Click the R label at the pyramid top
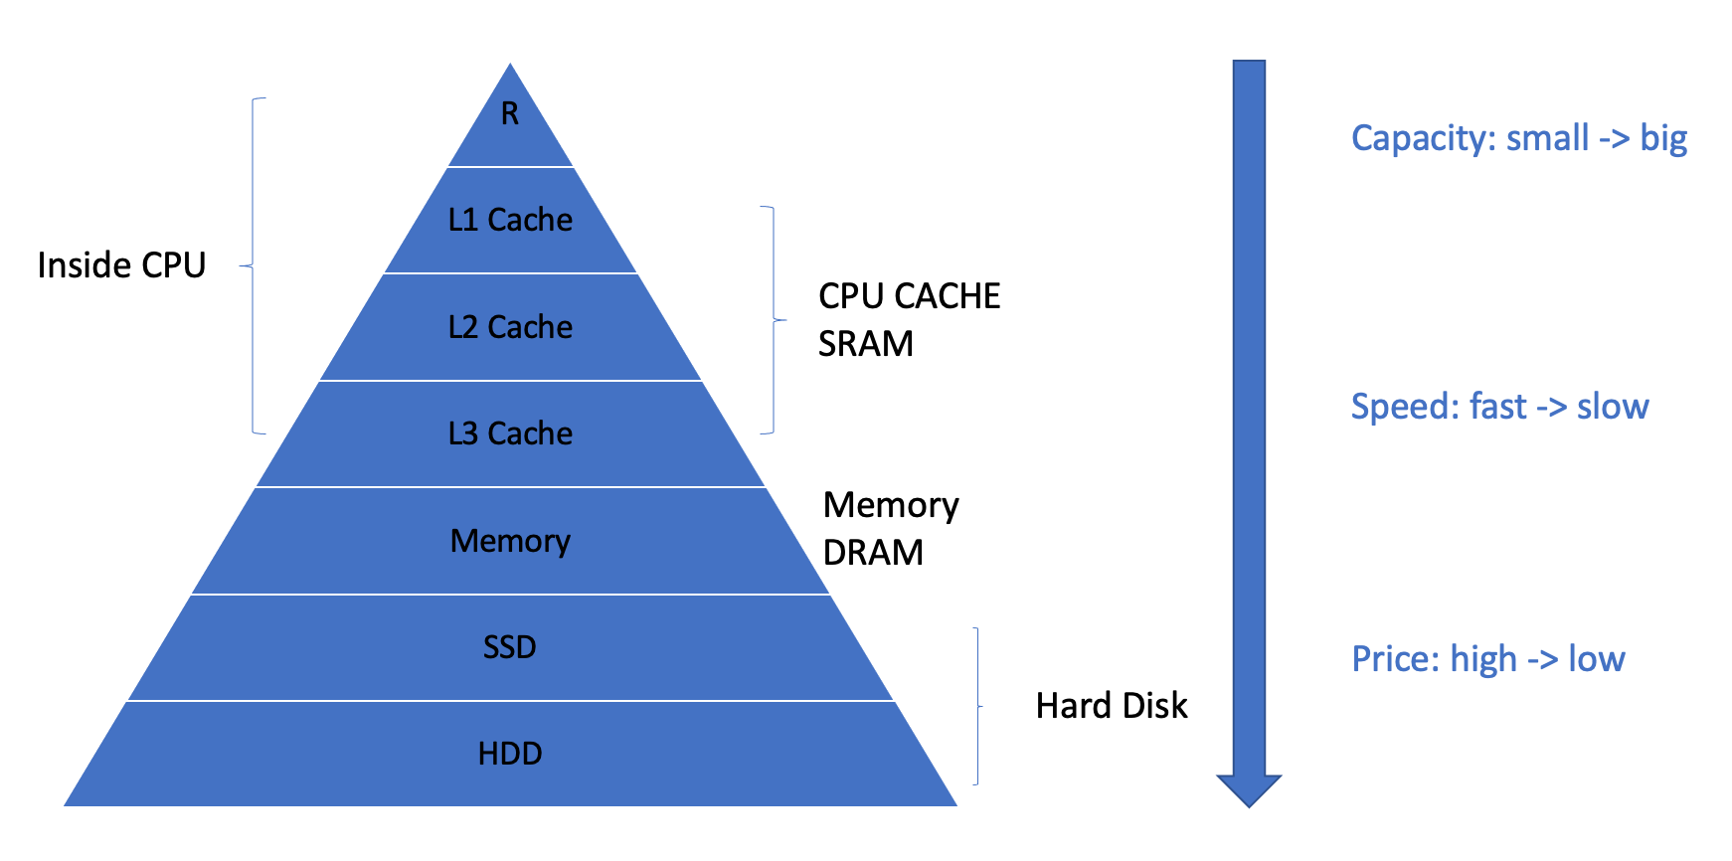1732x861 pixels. click(510, 114)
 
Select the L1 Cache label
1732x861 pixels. click(510, 220)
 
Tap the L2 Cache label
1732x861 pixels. click(510, 327)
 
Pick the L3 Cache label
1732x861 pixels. click(510, 433)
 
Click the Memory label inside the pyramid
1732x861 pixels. click(510, 542)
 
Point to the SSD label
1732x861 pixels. click(510, 647)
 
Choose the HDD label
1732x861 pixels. click(510, 754)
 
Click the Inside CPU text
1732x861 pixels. click(121, 265)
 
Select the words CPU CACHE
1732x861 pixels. click(909, 296)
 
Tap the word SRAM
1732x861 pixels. click(866, 344)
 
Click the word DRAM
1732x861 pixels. click(874, 553)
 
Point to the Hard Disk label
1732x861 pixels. click(1112, 706)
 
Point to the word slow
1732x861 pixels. click(1613, 407)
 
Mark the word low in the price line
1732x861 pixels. click(1597, 659)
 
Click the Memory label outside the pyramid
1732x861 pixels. click(891, 506)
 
